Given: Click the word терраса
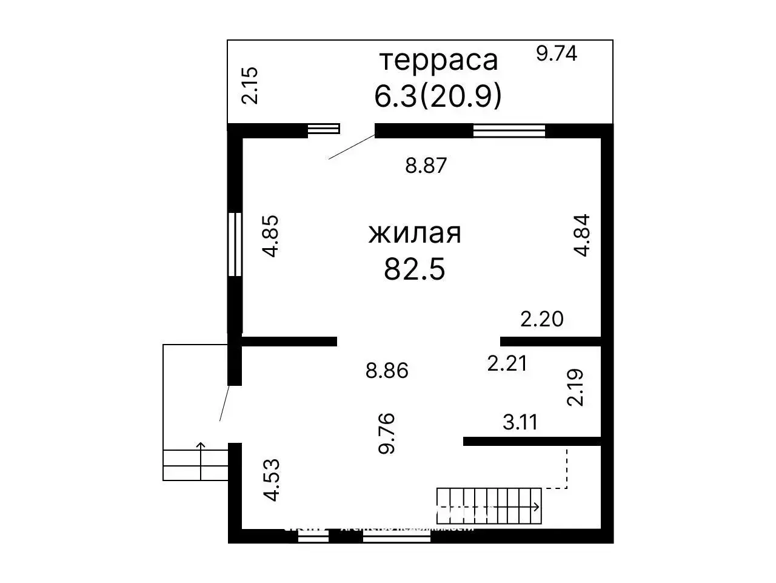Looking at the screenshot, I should (x=438, y=61).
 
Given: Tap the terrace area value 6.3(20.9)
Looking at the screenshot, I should (x=438, y=96).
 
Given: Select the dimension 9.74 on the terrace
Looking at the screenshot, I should (x=557, y=53).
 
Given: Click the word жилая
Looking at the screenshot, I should (x=415, y=234).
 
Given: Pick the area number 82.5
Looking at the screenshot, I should (x=415, y=269).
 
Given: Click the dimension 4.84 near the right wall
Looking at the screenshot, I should (x=581, y=235).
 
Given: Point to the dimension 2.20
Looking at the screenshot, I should (x=542, y=318).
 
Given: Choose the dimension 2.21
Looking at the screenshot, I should (x=507, y=363).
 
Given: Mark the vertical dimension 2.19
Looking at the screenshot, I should (x=575, y=387).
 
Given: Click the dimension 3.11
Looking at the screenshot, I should (x=520, y=422).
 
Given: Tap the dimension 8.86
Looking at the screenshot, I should (x=387, y=370).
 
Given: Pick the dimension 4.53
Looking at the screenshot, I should (x=272, y=479).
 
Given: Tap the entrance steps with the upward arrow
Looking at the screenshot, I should (x=195, y=464).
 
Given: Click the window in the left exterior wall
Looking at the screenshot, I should (x=235, y=244).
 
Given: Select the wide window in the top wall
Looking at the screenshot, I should (x=509, y=130).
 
